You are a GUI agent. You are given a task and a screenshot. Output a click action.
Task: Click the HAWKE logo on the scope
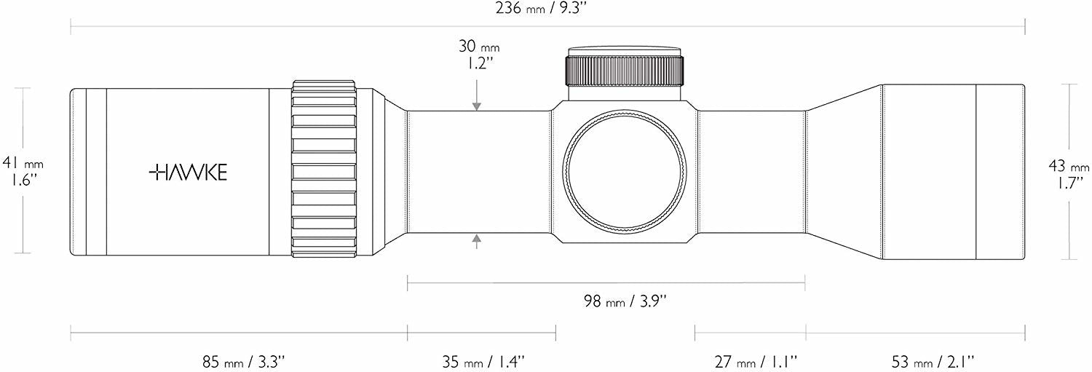pos(188,172)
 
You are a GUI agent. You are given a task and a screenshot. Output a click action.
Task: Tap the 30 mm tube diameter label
pos(479,55)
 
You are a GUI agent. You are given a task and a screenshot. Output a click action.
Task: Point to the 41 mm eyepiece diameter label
pos(23,170)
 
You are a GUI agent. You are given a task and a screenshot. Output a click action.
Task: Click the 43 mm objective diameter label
pos(1069,175)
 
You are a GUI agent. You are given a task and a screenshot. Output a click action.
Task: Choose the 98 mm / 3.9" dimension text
pos(625,301)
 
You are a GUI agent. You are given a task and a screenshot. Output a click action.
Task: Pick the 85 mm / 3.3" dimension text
pos(243,362)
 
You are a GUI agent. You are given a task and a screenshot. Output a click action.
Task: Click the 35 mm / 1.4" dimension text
pos(483,362)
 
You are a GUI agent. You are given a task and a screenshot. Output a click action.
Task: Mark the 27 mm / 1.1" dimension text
pos(756,362)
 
